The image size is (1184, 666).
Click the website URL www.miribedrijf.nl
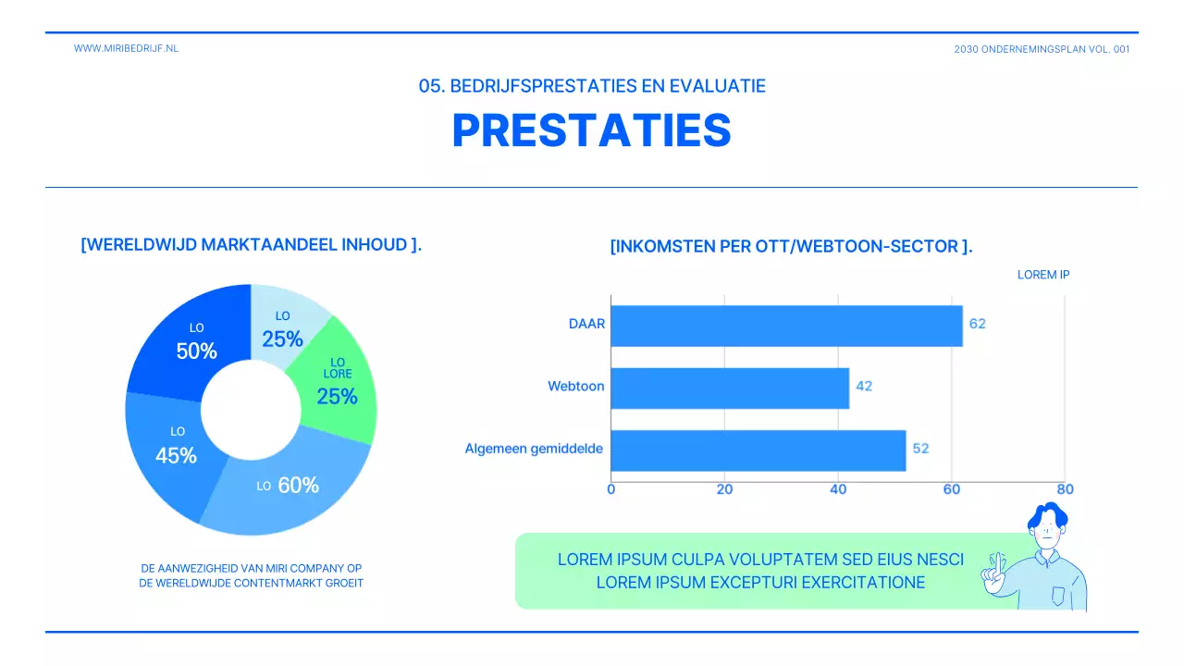pyautogui.click(x=126, y=48)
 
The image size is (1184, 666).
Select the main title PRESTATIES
pyautogui.click(x=591, y=131)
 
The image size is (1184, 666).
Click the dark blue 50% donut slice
pyautogui.click(x=190, y=342)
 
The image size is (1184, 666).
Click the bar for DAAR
pyautogui.click(x=786, y=326)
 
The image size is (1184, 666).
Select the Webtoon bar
pyautogui.click(x=730, y=388)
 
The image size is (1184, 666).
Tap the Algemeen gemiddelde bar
pyautogui.click(x=758, y=450)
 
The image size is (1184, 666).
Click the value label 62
pyautogui.click(x=977, y=325)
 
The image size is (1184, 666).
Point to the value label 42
pyautogui.click(x=864, y=387)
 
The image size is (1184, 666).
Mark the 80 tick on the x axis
pyautogui.click(x=1065, y=489)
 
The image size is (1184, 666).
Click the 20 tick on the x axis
pyautogui.click(x=724, y=489)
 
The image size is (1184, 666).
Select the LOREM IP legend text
pyautogui.click(x=1043, y=275)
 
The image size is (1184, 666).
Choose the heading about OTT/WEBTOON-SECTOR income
pyautogui.click(x=791, y=247)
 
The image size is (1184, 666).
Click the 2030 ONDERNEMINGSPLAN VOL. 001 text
pyautogui.click(x=1042, y=50)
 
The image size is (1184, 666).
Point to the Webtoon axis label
pyautogui.click(x=575, y=387)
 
